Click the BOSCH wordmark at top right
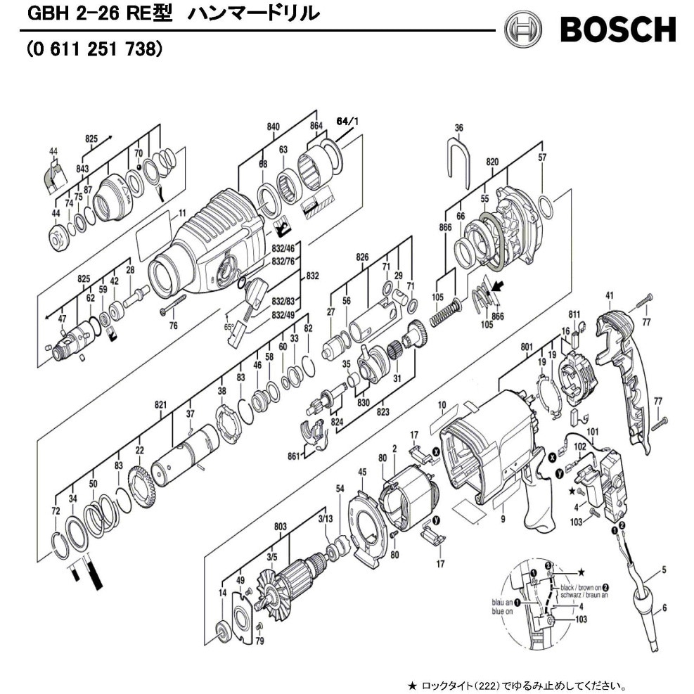(x=617, y=29)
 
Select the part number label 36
(x=459, y=127)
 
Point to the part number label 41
(x=610, y=296)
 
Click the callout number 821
(x=160, y=404)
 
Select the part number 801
(x=528, y=346)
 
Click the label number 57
(x=542, y=158)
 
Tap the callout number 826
(x=362, y=258)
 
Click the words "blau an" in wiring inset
(x=500, y=603)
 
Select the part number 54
(x=340, y=488)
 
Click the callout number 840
(x=274, y=127)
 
